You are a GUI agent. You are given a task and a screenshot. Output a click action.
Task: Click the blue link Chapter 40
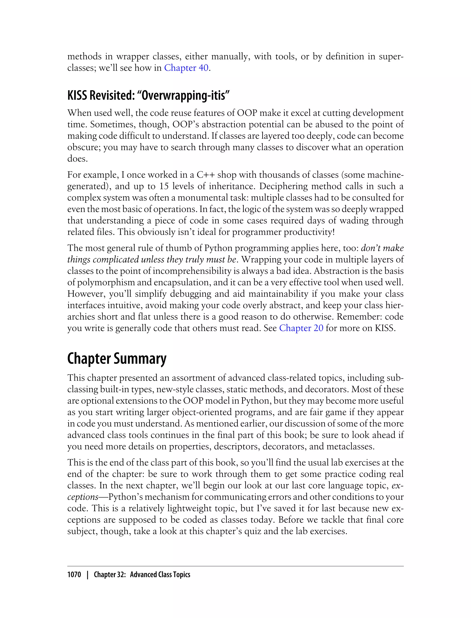(x=186, y=68)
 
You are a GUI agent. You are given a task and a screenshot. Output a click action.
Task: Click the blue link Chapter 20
(x=301, y=328)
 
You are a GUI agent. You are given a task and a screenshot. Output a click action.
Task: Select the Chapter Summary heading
(x=117, y=359)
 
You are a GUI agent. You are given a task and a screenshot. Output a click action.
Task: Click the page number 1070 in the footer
(x=74, y=575)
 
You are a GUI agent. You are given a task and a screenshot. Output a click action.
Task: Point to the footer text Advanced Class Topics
(x=160, y=575)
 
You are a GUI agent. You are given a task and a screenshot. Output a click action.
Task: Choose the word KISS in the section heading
(x=77, y=96)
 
